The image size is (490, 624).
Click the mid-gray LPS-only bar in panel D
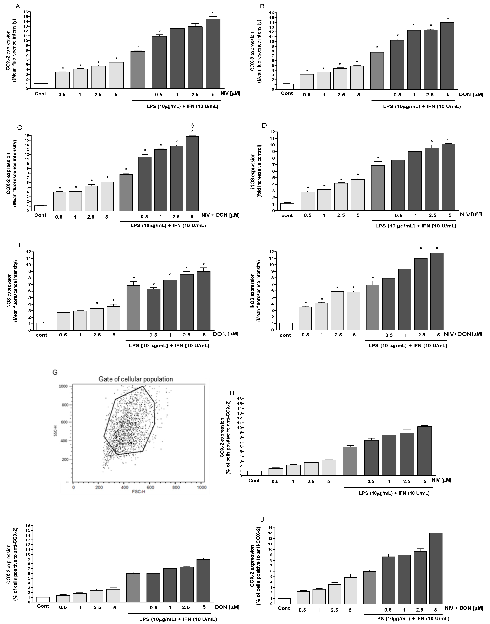point(378,188)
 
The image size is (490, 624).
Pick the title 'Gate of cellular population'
point(136,379)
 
